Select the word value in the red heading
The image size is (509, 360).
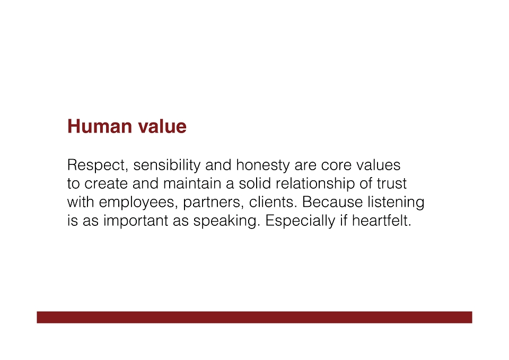pyautogui.click(x=162, y=126)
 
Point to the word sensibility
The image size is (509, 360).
pyautogui.click(x=167, y=165)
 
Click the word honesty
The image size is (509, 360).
pyautogui.click(x=262, y=165)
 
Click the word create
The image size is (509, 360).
pyautogui.click(x=106, y=184)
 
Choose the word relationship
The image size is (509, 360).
pyautogui.click(x=315, y=184)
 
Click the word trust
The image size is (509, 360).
pyautogui.click(x=391, y=184)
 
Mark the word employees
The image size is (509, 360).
pyautogui.click(x=138, y=203)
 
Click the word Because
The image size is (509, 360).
pyautogui.click(x=332, y=202)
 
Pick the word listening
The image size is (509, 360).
pyautogui.click(x=396, y=203)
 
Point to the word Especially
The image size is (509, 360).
pyautogui.click(x=300, y=221)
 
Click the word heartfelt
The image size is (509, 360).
pyautogui.click(x=381, y=221)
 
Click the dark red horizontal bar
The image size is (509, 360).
pyautogui.click(x=254, y=317)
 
